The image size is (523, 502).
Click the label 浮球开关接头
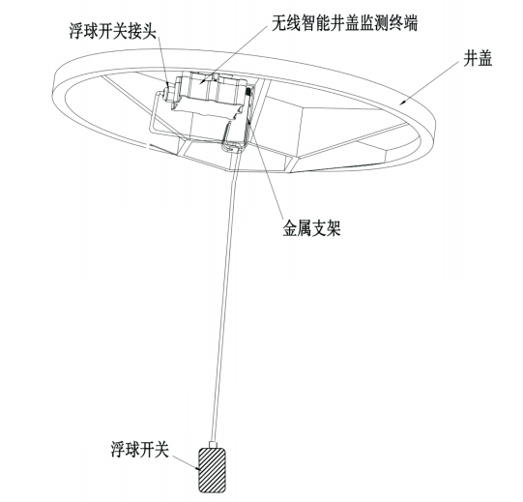tap(113, 31)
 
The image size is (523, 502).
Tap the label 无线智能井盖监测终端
tap(344, 23)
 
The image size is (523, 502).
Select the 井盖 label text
tap(478, 59)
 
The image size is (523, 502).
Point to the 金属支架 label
tap(312, 228)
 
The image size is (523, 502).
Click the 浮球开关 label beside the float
tap(140, 449)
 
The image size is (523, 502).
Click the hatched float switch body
tap(213, 470)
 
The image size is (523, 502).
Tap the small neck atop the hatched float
tap(213, 444)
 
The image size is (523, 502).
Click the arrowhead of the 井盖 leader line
tap(403, 103)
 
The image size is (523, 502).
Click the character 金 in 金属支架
tap(290, 228)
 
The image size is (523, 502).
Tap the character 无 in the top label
tap(278, 23)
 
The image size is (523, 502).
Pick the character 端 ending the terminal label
tap(411, 23)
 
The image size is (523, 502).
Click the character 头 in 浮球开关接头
tap(149, 31)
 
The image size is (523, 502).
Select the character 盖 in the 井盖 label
tap(485, 59)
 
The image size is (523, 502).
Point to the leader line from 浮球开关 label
tap(186, 463)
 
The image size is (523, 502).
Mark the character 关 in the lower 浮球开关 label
tap(161, 449)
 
